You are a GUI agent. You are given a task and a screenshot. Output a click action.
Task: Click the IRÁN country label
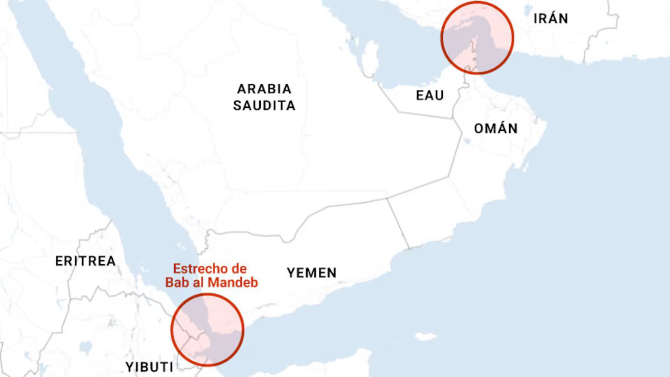pos(551,18)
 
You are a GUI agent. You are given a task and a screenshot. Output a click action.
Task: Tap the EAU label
pos(430,96)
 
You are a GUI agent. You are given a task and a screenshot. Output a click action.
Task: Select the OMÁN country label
pos(496,128)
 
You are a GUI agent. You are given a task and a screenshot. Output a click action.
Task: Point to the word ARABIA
pos(264,89)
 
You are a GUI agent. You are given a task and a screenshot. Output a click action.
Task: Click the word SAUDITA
pos(264,106)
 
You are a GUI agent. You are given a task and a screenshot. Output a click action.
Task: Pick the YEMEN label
pos(312,273)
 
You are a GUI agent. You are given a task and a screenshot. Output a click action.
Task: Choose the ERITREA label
pos(85,261)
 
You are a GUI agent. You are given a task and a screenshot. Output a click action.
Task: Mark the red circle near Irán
pos(477,37)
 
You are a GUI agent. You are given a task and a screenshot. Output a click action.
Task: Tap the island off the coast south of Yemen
pos(426,336)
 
